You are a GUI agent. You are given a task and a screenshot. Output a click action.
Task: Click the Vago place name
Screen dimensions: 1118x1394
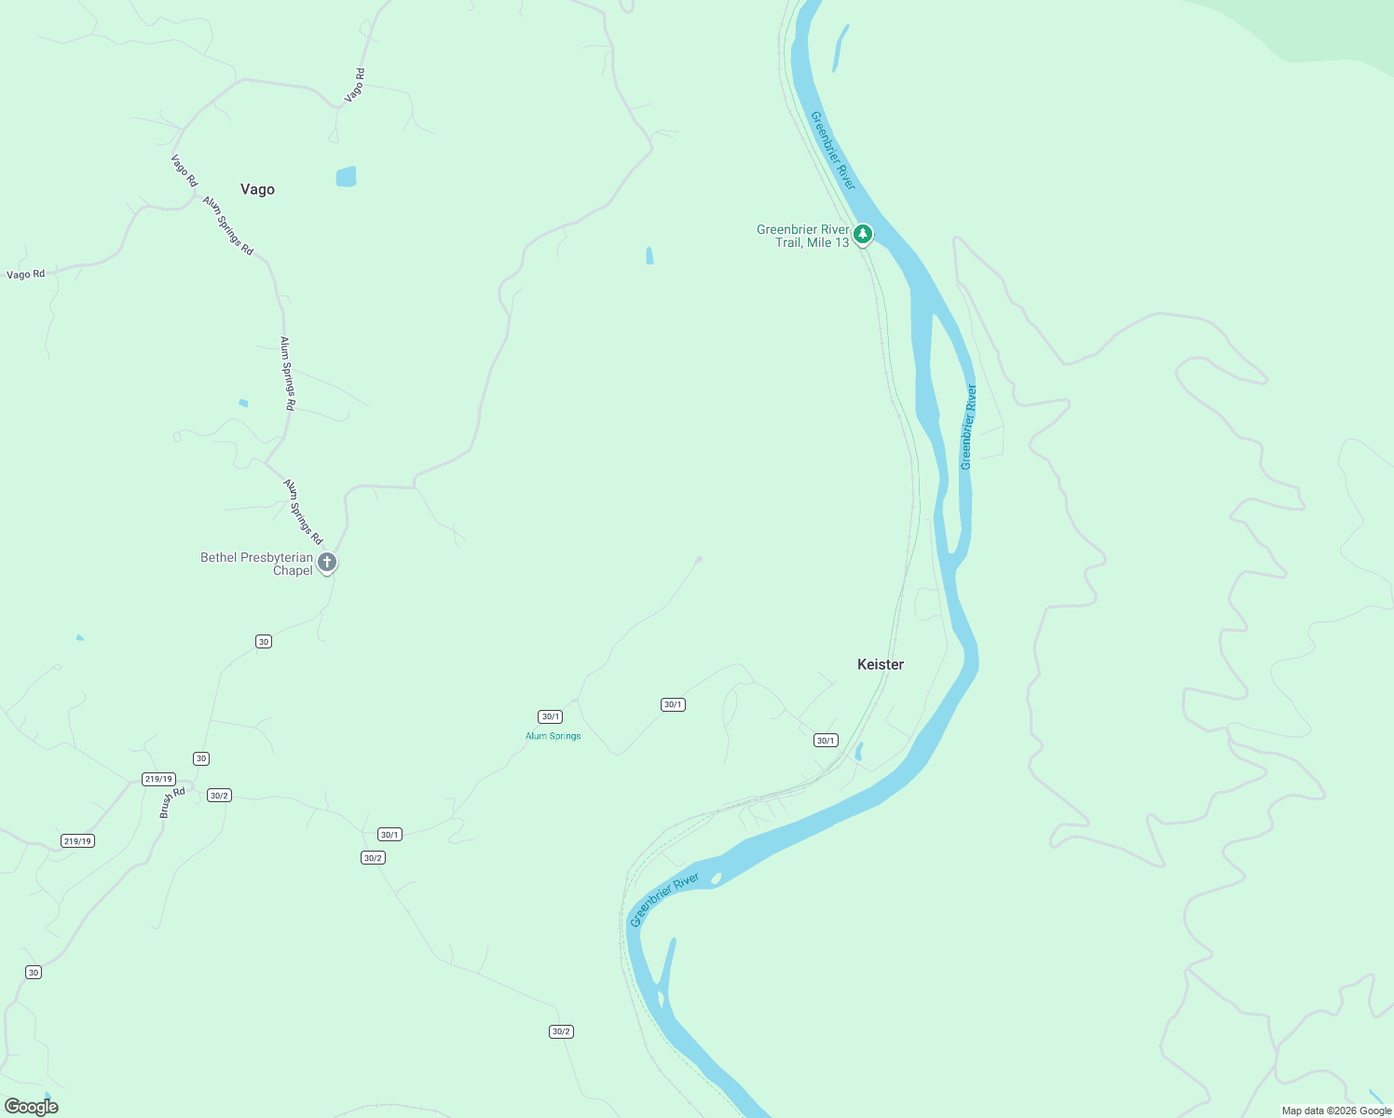click(257, 189)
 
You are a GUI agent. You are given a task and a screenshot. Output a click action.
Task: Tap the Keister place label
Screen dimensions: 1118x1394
click(880, 664)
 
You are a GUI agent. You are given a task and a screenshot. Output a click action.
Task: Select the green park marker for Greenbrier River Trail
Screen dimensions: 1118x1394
click(863, 234)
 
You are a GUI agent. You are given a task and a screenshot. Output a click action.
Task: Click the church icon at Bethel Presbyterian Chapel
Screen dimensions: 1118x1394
click(326, 563)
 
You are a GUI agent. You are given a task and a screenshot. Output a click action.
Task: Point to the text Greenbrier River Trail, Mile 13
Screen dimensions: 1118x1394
click(802, 236)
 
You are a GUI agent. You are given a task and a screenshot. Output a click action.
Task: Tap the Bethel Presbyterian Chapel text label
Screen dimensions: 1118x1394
click(256, 564)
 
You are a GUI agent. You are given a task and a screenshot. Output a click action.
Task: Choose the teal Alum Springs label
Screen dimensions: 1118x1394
click(553, 736)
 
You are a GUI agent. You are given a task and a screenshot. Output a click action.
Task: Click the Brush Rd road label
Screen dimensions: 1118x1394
click(172, 802)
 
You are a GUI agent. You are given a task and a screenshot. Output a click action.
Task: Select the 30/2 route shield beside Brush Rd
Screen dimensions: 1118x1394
click(219, 796)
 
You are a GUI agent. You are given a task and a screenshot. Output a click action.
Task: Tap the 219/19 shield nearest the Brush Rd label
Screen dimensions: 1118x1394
click(158, 779)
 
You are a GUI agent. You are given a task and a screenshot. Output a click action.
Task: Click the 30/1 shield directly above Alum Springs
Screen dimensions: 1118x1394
click(550, 716)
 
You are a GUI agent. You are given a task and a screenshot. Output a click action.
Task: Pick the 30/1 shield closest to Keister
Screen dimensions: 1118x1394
click(826, 741)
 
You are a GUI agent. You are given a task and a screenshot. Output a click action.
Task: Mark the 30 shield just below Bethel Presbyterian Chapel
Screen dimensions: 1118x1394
click(264, 642)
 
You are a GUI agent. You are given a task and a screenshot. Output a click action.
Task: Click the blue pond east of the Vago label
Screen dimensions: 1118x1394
click(346, 176)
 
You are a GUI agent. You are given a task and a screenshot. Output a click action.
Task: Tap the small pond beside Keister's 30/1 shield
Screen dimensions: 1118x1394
click(858, 751)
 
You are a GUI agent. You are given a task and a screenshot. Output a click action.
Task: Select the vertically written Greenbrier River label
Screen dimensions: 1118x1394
click(968, 427)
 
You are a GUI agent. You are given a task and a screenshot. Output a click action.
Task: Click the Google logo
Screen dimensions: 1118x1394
click(32, 1107)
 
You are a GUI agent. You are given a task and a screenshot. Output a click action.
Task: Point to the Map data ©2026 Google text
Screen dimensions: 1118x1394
click(1336, 1111)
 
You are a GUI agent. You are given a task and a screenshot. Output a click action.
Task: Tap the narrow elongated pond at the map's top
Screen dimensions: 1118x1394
click(840, 48)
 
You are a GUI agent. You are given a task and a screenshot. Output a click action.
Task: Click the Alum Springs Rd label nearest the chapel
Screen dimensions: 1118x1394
click(303, 511)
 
